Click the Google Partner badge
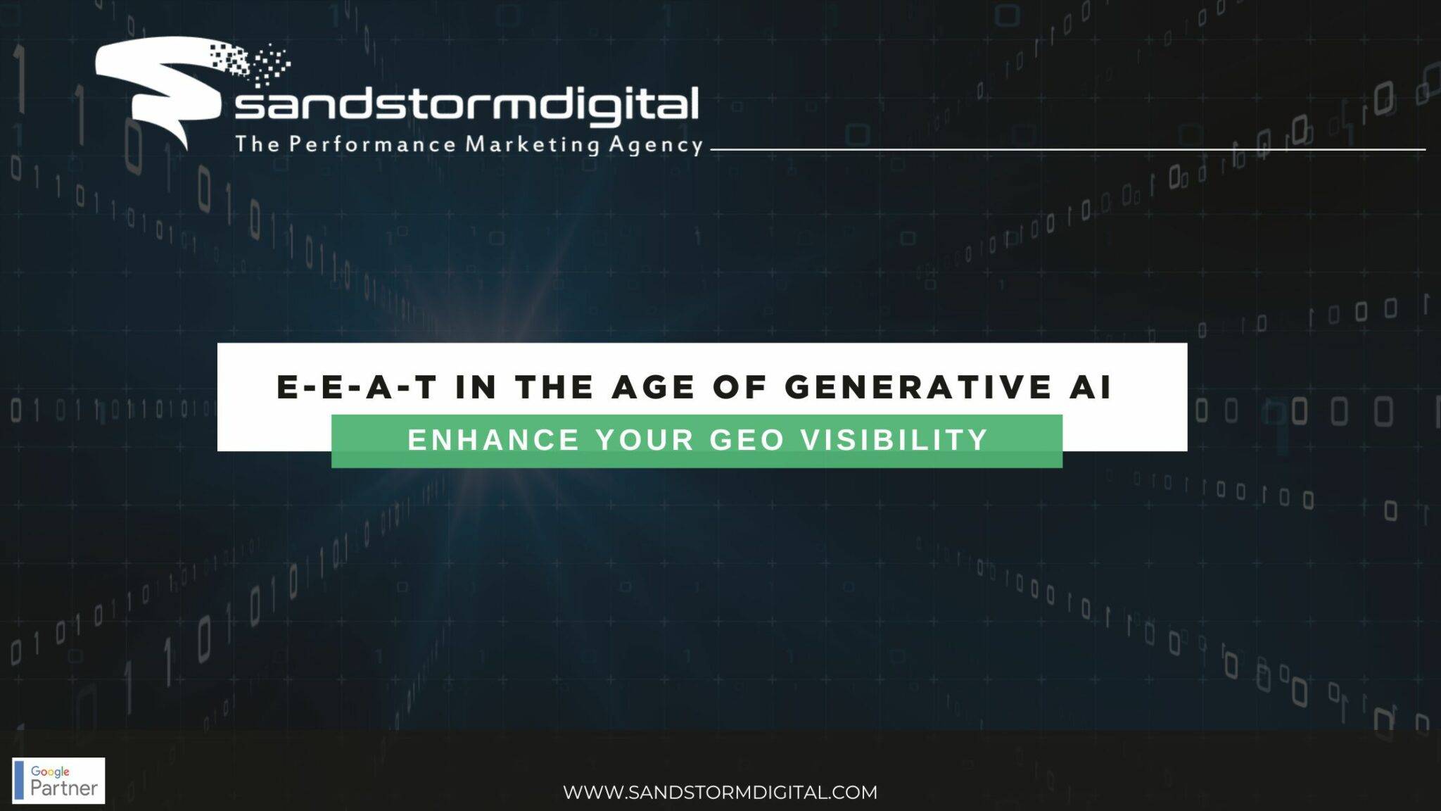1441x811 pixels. click(x=58, y=780)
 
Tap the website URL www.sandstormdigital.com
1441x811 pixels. click(x=720, y=792)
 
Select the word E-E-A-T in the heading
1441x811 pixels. click(x=357, y=388)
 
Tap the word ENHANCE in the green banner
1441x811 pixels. click(x=493, y=440)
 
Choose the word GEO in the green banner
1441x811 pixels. click(x=747, y=440)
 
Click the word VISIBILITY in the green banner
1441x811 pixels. click(x=894, y=440)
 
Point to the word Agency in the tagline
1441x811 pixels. click(x=656, y=145)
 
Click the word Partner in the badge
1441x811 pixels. click(x=63, y=788)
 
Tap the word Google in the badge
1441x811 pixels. click(x=50, y=772)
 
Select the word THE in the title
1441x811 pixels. click(x=554, y=388)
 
